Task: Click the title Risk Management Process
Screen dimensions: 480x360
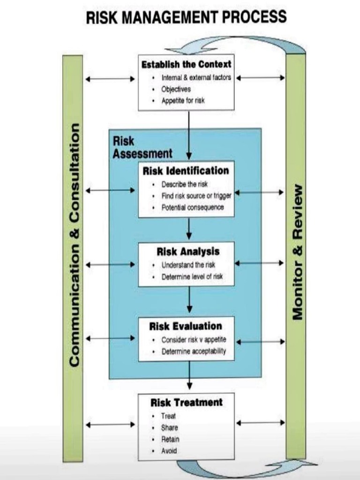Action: click(x=186, y=18)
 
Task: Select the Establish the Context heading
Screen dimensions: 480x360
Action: click(x=186, y=64)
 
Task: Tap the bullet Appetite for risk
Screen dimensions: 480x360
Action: click(x=183, y=100)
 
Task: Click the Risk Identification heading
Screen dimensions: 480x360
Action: click(x=186, y=171)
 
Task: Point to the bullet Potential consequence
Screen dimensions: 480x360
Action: click(x=193, y=207)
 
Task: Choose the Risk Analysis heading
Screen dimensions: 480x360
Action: click(x=187, y=251)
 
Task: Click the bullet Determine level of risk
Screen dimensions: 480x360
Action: click(x=192, y=277)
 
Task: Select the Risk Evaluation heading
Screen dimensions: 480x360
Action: click(x=186, y=326)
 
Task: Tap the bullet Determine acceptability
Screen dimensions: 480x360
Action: click(x=194, y=351)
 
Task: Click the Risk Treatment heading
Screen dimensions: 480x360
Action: click(x=187, y=402)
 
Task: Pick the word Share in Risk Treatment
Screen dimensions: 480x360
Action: click(x=169, y=427)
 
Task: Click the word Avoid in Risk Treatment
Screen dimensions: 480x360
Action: click(x=169, y=451)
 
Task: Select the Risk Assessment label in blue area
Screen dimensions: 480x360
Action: click(x=142, y=147)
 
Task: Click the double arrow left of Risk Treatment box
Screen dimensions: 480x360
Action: click(x=110, y=425)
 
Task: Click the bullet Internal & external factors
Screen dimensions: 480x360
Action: click(x=196, y=77)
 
